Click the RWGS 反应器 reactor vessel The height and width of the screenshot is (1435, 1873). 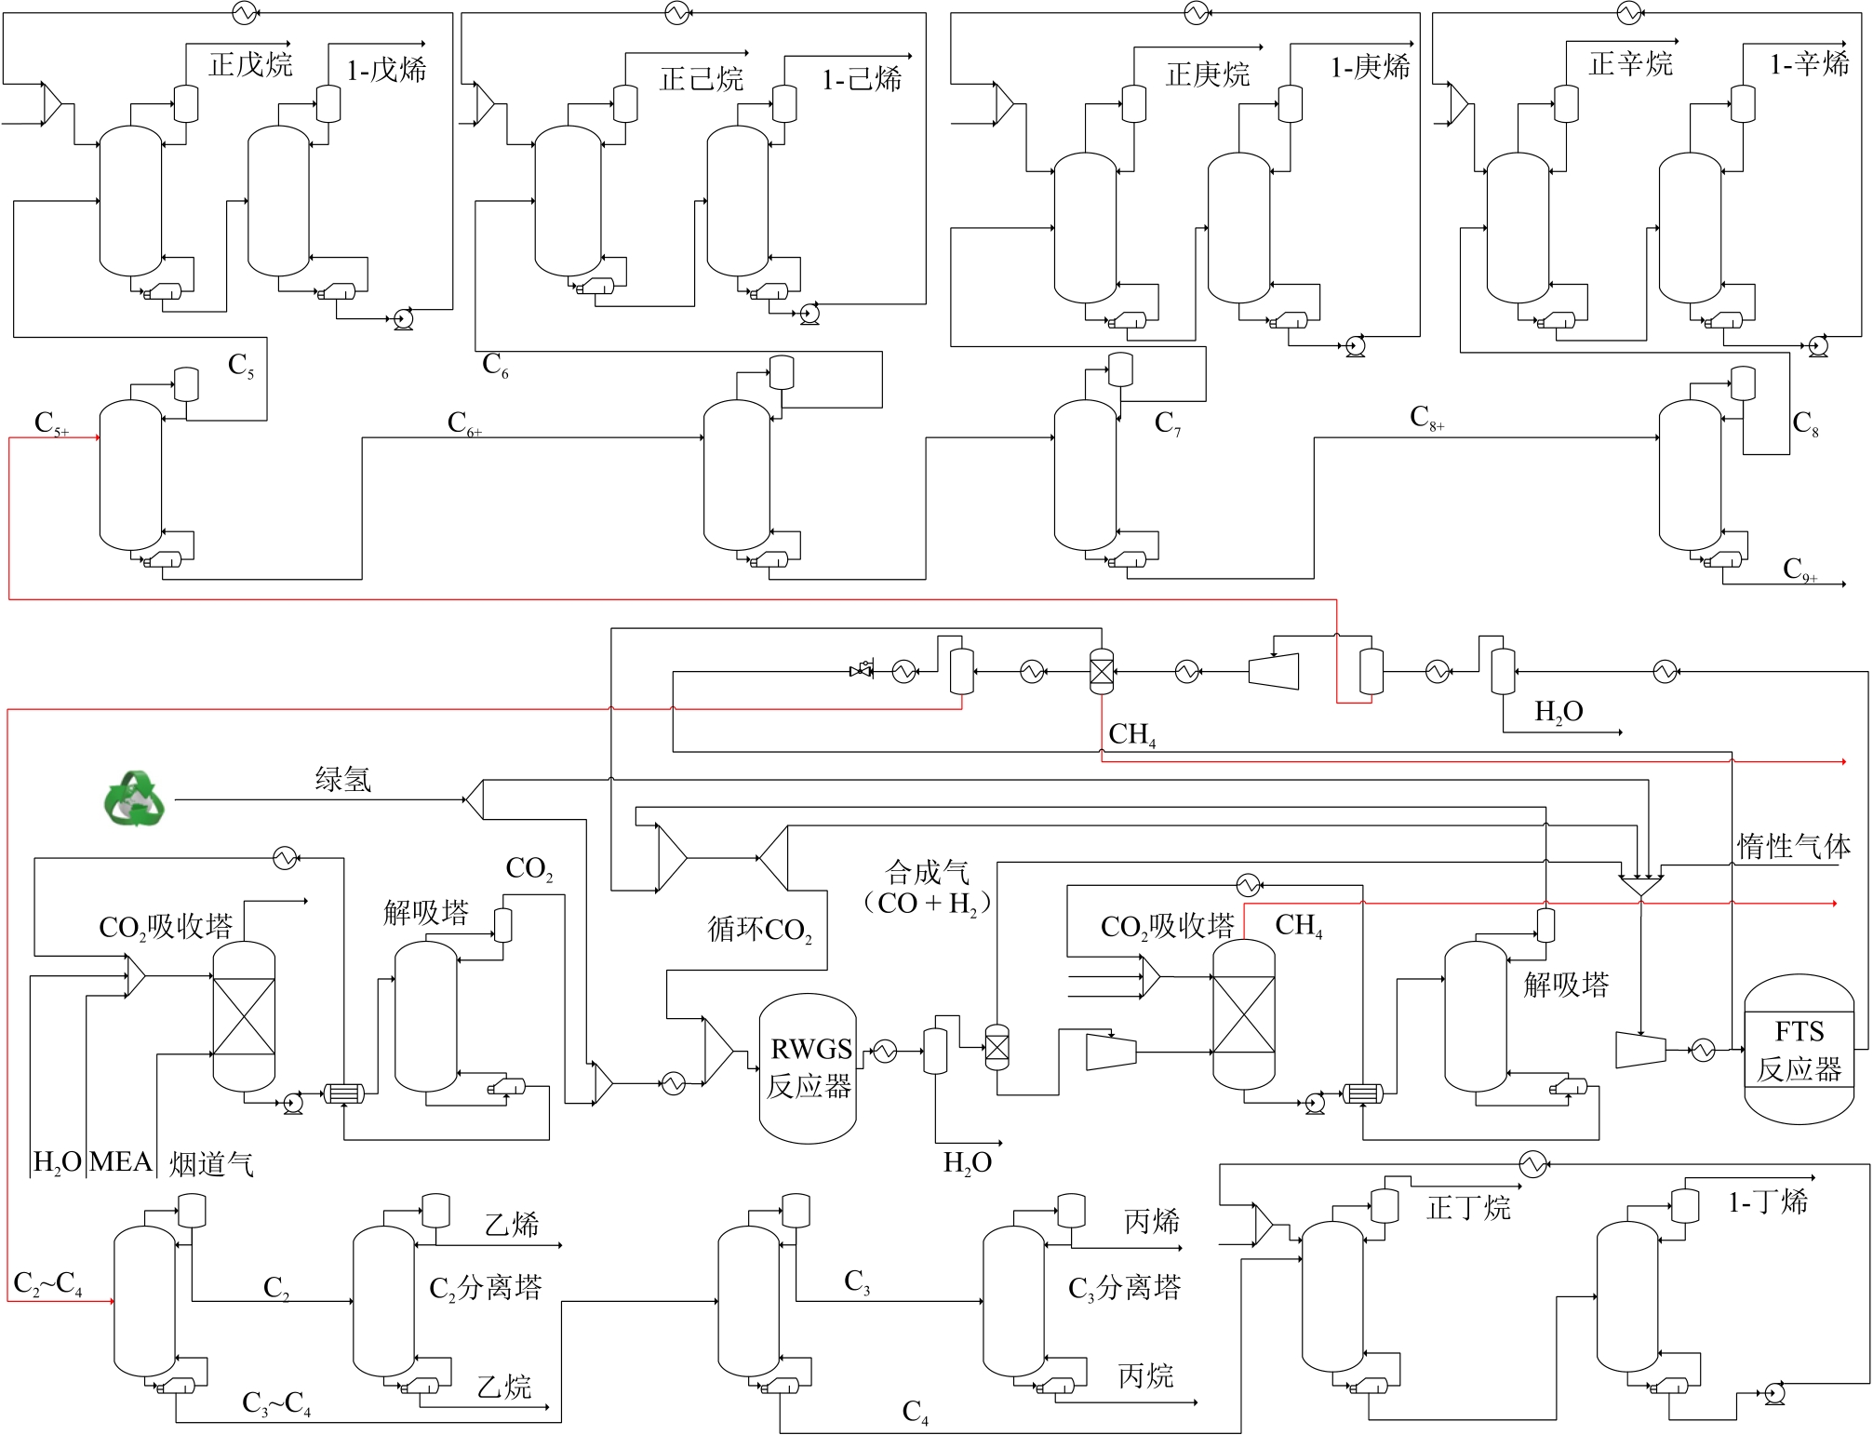tap(808, 1067)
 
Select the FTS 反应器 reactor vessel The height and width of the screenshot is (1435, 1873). tap(1798, 1049)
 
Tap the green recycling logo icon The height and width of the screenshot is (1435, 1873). tap(135, 798)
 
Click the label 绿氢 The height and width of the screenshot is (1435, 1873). tap(342, 778)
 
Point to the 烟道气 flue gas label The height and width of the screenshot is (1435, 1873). tap(211, 1163)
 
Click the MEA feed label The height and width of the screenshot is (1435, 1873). tap(121, 1161)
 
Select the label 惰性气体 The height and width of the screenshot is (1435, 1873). tap(1793, 846)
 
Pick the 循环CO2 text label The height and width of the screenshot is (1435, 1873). tap(759, 929)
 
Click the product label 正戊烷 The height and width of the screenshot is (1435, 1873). tap(250, 64)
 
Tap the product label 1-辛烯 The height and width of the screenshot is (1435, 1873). tap(1809, 63)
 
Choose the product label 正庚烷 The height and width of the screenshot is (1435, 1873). tap(1207, 74)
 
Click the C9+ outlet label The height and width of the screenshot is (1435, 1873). tap(1799, 570)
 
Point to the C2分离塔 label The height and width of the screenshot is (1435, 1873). tap(485, 1288)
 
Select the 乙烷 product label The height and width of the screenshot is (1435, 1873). tap(503, 1387)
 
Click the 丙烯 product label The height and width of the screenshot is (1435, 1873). tap(1152, 1221)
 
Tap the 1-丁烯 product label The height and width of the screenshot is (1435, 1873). tap(1768, 1201)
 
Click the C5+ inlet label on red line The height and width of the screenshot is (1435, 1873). tap(51, 423)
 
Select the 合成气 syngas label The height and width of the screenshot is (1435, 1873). tap(927, 872)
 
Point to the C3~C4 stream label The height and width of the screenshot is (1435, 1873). tap(276, 1403)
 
